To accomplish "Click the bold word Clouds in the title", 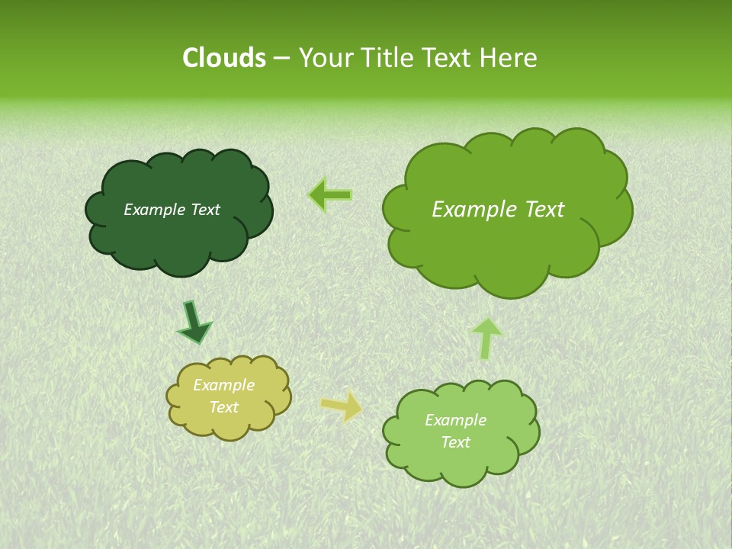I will [223, 58].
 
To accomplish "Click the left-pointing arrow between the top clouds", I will [331, 195].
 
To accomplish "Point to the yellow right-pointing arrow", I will [342, 406].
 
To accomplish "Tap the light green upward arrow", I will [486, 338].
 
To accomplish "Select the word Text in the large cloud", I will [538, 210].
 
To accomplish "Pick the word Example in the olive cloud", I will [223, 385].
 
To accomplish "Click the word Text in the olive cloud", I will [223, 407].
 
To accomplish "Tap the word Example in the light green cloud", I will [455, 420].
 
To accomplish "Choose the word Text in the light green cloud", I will [455, 442].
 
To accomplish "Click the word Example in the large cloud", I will [470, 210].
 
